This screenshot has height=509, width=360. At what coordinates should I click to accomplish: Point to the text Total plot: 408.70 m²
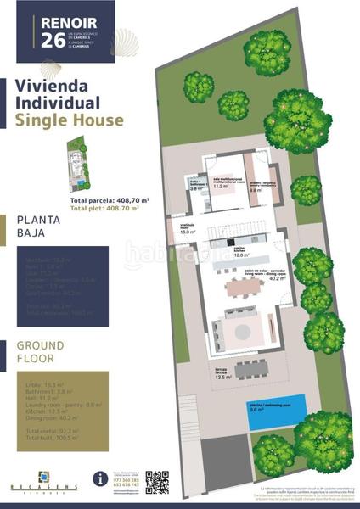tap(109, 207)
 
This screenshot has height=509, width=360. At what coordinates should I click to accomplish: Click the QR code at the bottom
tap(157, 482)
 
